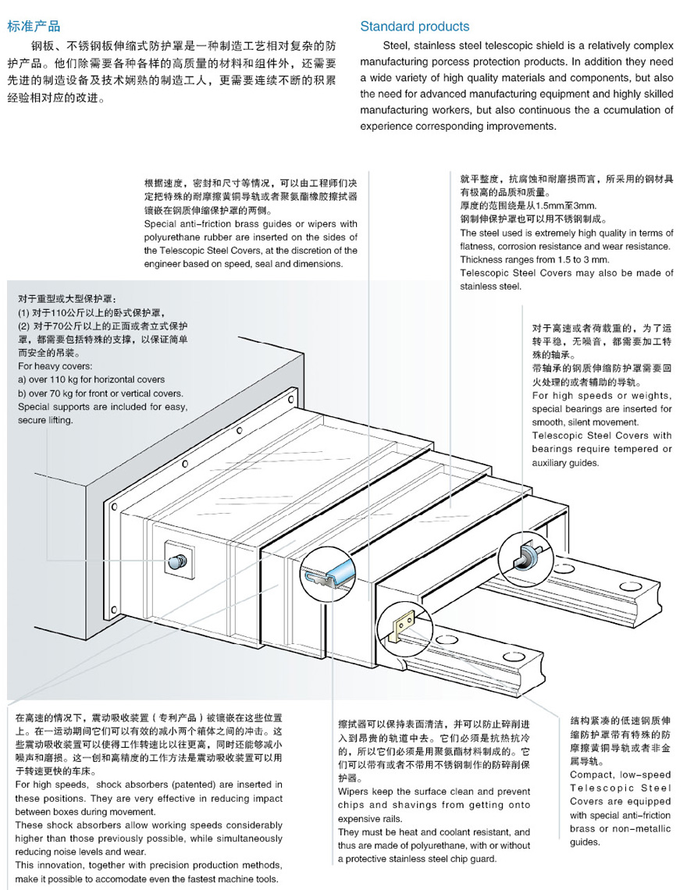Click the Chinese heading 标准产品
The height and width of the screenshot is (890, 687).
[33, 27]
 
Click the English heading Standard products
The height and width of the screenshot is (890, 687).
[415, 27]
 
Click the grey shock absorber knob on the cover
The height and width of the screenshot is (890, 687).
[179, 560]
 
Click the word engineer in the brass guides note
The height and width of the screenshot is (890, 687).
[167, 263]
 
